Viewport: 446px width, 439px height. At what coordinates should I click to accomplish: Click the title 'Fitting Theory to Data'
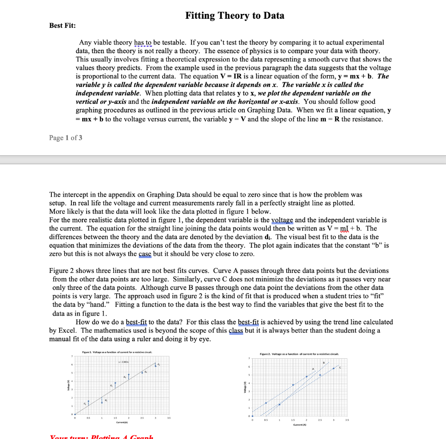(235, 16)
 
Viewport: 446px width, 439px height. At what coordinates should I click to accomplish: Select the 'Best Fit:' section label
(62, 25)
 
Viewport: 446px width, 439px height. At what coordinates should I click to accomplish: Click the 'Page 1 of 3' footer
(66, 138)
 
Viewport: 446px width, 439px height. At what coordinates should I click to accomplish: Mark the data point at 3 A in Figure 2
(334, 369)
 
